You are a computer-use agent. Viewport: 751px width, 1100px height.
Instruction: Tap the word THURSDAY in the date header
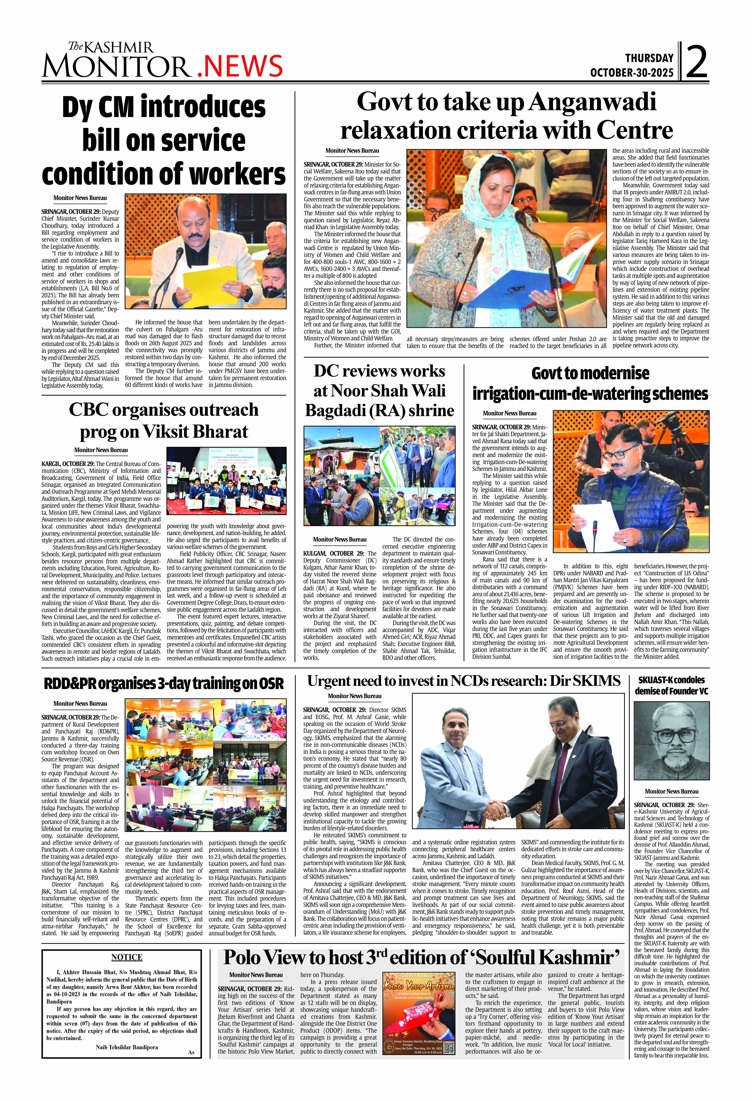point(649,58)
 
